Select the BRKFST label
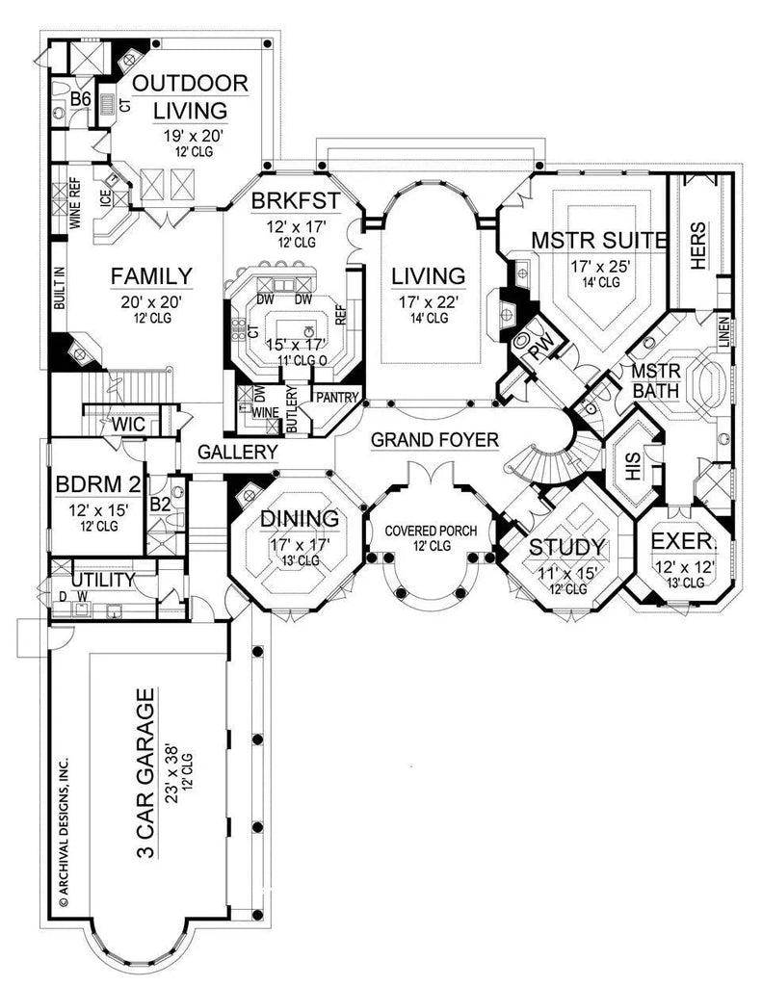[x=285, y=200]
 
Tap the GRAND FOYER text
[x=434, y=441]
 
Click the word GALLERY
[x=239, y=452]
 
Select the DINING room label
[x=300, y=519]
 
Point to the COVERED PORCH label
[x=434, y=531]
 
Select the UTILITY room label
[x=102, y=580]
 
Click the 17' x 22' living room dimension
[x=428, y=303]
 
